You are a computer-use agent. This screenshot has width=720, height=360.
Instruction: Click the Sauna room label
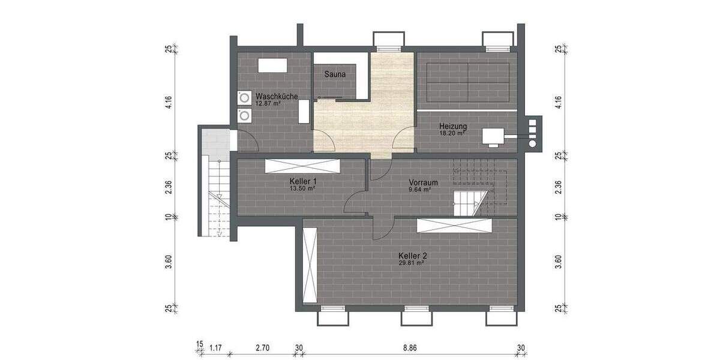click(335, 75)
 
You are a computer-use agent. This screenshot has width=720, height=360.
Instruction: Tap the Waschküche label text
click(277, 96)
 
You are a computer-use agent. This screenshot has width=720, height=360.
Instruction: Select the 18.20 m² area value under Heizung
click(452, 134)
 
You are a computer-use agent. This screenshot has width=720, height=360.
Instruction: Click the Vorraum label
click(423, 182)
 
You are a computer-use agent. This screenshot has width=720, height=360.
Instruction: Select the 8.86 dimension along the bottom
click(410, 347)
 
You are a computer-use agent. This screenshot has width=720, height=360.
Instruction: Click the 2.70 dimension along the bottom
click(262, 347)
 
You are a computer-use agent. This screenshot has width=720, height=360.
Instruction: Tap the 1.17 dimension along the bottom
click(216, 347)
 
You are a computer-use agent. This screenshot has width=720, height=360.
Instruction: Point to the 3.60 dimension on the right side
click(559, 262)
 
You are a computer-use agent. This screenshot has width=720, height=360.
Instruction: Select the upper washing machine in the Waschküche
click(244, 98)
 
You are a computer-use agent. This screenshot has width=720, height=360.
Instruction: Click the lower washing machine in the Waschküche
click(244, 115)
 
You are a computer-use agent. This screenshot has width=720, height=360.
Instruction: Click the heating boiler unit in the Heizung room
click(494, 136)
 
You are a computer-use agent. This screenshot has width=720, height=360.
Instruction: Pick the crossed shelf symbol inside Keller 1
click(302, 166)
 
